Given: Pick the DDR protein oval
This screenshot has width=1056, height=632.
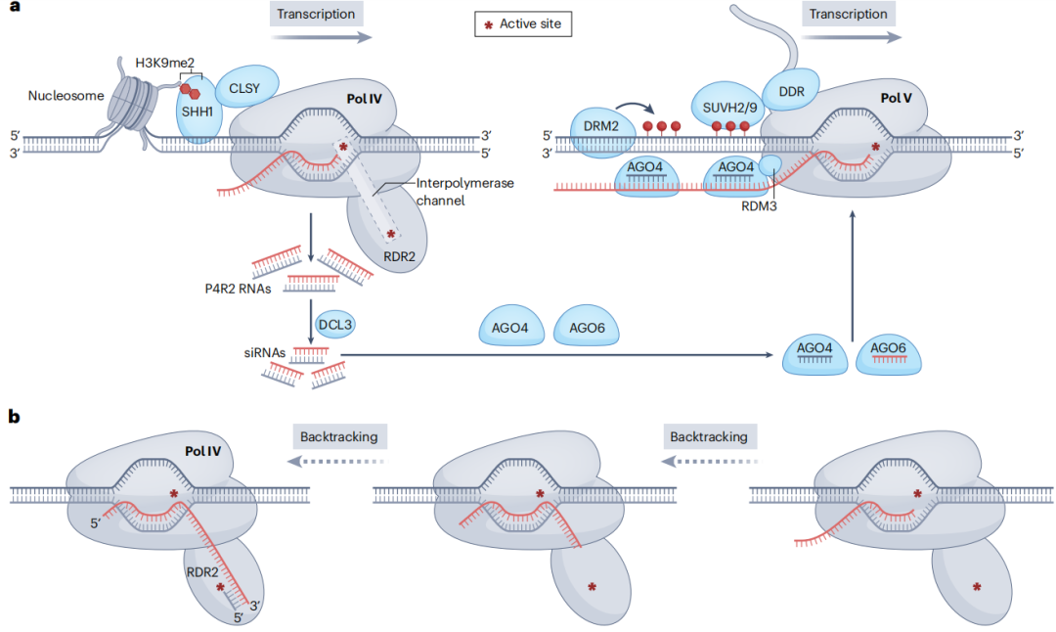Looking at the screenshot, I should (791, 90).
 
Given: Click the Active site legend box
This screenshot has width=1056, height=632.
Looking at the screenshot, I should (523, 23).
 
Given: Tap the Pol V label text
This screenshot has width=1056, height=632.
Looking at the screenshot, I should (896, 98).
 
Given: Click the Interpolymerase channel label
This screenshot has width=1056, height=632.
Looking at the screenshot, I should (458, 191).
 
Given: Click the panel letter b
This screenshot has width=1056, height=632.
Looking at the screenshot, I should (14, 417).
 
